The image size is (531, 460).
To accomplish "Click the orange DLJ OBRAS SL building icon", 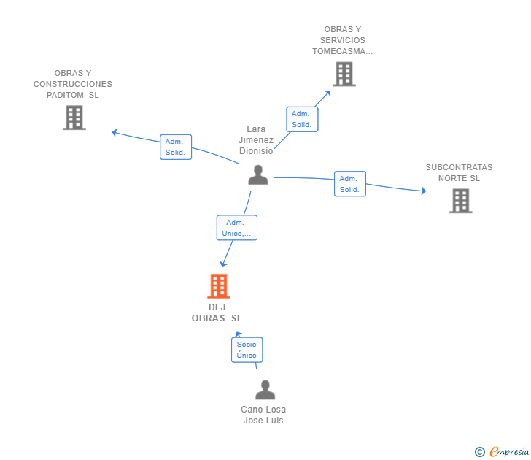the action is [x=218, y=286].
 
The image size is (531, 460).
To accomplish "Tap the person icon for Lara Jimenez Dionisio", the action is [x=258, y=175].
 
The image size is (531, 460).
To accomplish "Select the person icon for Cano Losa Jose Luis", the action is [x=265, y=389].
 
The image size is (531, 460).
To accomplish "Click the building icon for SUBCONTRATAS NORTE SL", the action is [x=460, y=201].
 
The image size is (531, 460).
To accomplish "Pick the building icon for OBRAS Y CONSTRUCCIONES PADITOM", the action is [x=74, y=118].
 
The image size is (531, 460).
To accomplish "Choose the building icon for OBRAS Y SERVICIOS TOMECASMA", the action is [x=344, y=74].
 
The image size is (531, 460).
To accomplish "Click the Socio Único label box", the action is [x=247, y=350].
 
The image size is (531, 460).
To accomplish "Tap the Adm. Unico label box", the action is [x=237, y=228].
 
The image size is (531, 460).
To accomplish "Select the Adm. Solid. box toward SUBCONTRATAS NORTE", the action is [x=350, y=184].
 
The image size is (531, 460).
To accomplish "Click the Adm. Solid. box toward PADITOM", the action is [x=176, y=147].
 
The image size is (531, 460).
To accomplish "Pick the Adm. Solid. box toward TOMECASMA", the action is [x=302, y=119].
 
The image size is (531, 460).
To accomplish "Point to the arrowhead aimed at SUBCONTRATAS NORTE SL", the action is [x=424, y=191].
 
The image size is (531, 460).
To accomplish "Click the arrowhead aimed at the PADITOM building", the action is [x=115, y=133].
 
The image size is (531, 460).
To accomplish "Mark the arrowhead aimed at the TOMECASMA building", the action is [x=327, y=93].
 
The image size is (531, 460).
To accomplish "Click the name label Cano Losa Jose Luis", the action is [x=263, y=415].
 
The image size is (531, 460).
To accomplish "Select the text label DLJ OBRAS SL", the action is [x=217, y=313].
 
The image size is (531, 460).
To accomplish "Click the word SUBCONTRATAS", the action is [x=459, y=167].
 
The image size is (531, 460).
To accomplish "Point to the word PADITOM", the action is [x=65, y=95].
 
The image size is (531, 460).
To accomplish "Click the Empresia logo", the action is [x=502, y=451].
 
